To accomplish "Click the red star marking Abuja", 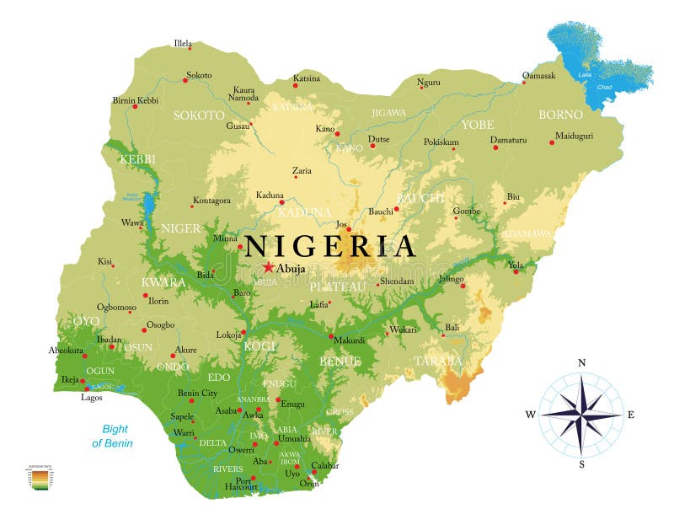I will [x=269, y=268].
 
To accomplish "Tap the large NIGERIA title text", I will [x=329, y=246].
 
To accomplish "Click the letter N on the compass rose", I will [x=581, y=363].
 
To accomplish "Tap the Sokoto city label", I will [x=199, y=75].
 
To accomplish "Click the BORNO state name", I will [x=560, y=114].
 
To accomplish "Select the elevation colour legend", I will [x=39, y=478].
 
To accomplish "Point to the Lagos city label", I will [x=92, y=397].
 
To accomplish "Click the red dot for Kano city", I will [x=337, y=133].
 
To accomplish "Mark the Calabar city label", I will [x=324, y=465].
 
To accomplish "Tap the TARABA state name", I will [x=437, y=361].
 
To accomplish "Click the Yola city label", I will [x=516, y=264].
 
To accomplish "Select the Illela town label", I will [x=183, y=43].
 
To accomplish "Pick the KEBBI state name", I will [x=137, y=159].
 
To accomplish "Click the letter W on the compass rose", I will [x=531, y=414].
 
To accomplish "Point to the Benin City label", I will [x=197, y=393].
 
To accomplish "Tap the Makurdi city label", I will [x=350, y=340].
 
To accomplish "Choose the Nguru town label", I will [x=429, y=82].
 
